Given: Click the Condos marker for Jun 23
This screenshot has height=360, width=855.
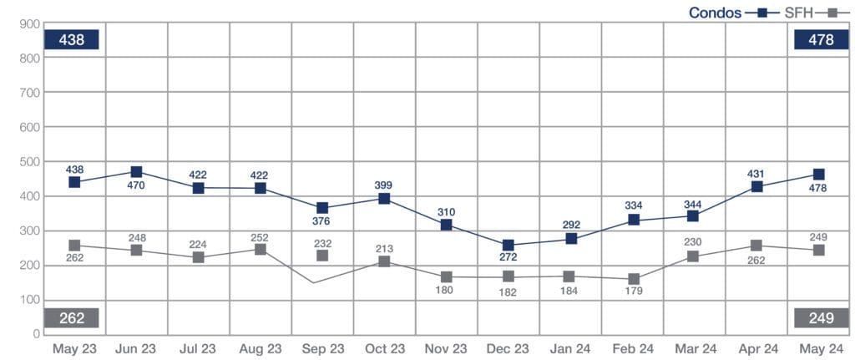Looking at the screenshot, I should [x=136, y=172].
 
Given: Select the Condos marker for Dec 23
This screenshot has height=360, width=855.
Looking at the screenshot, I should [x=508, y=246].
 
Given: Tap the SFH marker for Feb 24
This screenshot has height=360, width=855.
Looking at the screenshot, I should [x=634, y=279].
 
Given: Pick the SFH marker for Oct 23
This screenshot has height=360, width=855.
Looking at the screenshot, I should [x=385, y=261].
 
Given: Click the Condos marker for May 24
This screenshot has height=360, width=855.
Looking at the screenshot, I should [x=819, y=175].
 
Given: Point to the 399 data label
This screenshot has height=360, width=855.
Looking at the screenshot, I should [x=384, y=185].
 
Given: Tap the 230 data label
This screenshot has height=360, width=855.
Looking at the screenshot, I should [x=695, y=242].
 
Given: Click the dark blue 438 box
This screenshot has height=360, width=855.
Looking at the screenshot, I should [x=73, y=39].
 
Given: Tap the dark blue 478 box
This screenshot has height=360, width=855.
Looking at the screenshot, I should [x=820, y=39].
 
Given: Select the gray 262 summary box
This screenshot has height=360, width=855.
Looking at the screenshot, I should [x=73, y=317].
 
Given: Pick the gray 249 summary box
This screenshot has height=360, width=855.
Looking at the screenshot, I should [x=820, y=317].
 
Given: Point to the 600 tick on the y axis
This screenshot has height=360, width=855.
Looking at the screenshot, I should [x=30, y=127].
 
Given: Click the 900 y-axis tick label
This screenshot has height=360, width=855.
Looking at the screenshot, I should [x=30, y=23].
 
